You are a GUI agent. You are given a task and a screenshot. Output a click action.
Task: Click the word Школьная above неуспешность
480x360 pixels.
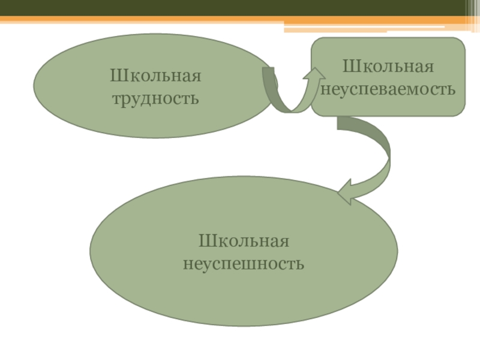[244, 242]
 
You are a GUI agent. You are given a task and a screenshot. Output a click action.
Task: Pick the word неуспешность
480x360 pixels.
[244, 263]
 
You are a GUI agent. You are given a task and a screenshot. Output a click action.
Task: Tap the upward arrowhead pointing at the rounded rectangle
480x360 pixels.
[313, 75]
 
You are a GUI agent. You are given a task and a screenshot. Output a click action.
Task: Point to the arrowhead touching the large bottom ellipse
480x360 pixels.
[346, 193]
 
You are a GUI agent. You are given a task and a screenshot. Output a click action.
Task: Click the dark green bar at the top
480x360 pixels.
[240, 8]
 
